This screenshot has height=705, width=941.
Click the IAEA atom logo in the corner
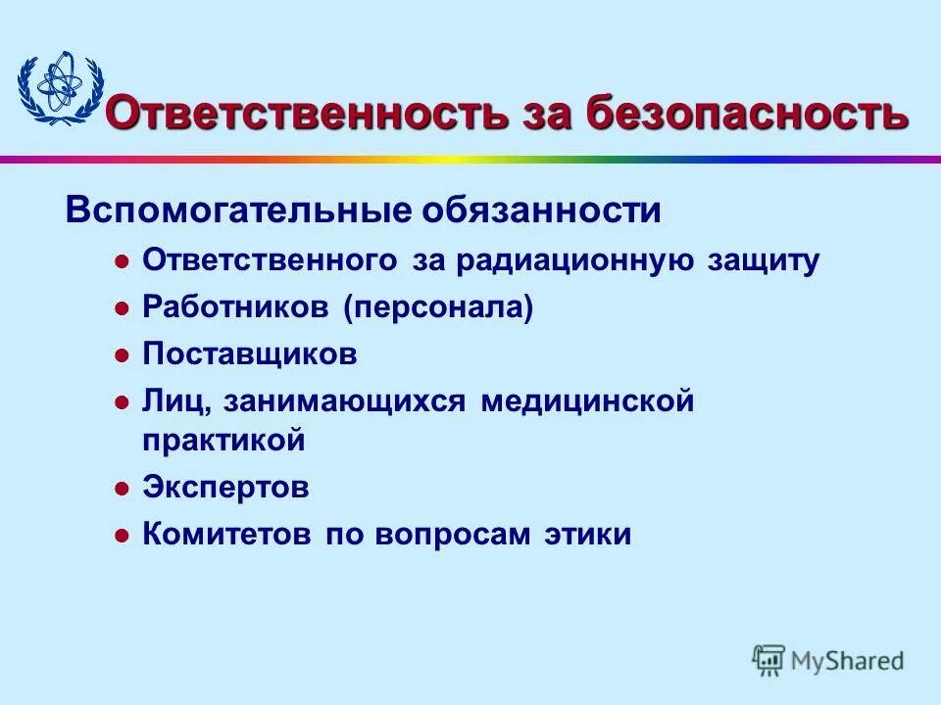59,89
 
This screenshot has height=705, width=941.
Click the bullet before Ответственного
122,262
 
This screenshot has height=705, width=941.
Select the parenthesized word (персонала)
438,307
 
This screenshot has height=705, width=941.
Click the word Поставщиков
250,353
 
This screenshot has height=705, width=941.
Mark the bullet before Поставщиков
122,354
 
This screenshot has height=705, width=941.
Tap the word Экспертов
225,487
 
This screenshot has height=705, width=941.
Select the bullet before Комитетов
122,536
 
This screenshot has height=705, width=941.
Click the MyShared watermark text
848,661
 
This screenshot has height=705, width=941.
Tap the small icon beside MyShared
769,661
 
